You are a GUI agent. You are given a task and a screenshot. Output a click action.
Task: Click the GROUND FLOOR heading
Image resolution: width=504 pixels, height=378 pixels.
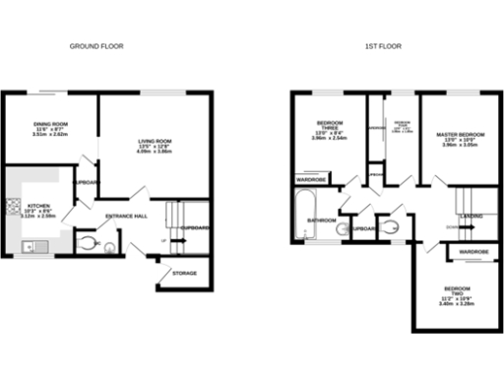pos(95,46)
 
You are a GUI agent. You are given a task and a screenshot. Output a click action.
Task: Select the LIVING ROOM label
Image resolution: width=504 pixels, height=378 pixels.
pos(154,142)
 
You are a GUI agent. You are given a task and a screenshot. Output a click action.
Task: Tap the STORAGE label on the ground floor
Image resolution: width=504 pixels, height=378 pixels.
pos(184,273)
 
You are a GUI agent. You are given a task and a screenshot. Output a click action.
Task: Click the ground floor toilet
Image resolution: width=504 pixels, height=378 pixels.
pos(87,241)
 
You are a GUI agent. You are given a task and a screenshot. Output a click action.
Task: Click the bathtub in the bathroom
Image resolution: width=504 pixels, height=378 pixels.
pos(299,216)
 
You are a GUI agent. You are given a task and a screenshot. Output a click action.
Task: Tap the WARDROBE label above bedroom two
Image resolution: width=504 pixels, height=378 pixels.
pos(473,252)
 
